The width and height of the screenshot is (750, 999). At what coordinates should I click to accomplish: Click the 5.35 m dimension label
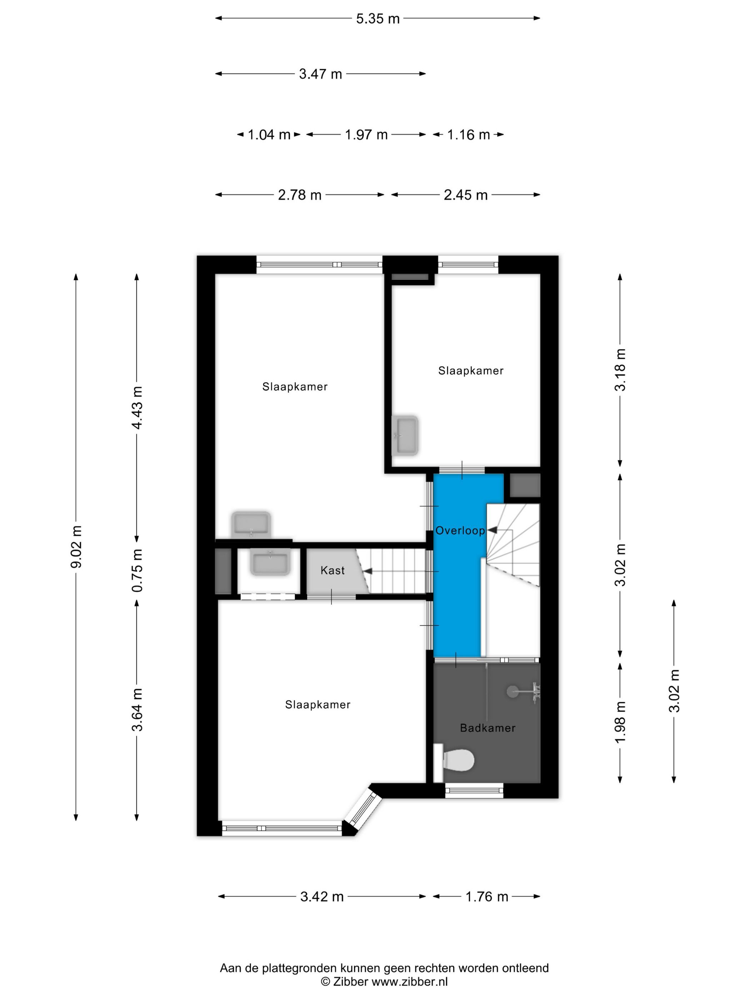[377, 19]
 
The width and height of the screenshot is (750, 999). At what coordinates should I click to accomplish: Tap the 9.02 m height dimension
[76, 547]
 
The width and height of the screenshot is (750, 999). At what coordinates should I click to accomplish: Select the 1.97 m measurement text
[366, 135]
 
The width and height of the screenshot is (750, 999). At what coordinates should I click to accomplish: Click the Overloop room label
[460, 530]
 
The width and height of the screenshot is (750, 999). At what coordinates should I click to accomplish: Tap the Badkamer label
[487, 727]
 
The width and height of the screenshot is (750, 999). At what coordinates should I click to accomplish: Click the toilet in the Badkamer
[454, 759]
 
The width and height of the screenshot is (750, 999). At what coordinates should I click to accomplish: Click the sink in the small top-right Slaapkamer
[405, 435]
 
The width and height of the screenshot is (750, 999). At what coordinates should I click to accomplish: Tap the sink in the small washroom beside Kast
[270, 563]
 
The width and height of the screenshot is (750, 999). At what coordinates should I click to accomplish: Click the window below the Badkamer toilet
[474, 790]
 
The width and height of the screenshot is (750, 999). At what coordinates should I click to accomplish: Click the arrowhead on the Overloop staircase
[491, 530]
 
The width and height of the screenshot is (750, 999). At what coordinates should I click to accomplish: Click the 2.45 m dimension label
[465, 195]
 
